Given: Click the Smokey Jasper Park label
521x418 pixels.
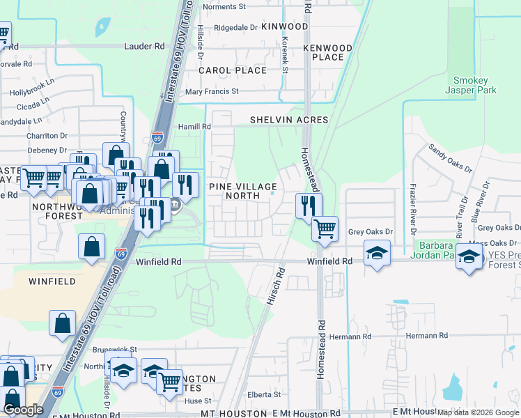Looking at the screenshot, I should click(x=475, y=85).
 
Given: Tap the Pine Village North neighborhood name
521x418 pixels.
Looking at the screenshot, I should click(x=243, y=191).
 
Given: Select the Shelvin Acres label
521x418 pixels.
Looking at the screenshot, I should click(x=289, y=120).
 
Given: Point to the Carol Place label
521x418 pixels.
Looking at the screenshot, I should click(x=233, y=70).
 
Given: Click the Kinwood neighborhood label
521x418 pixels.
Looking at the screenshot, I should click(x=284, y=26).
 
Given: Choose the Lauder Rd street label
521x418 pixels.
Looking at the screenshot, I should click(x=144, y=46).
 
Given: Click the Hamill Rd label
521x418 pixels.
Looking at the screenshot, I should click(x=194, y=126).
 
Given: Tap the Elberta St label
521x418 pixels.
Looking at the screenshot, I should click(x=262, y=394).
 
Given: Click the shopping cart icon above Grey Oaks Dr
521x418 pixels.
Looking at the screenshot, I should click(x=325, y=228).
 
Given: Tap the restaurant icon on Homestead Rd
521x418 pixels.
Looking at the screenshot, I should click(x=309, y=205).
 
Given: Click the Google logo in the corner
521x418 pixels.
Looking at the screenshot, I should click(x=23, y=410).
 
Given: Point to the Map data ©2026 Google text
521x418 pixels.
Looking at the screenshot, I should click(x=478, y=413).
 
